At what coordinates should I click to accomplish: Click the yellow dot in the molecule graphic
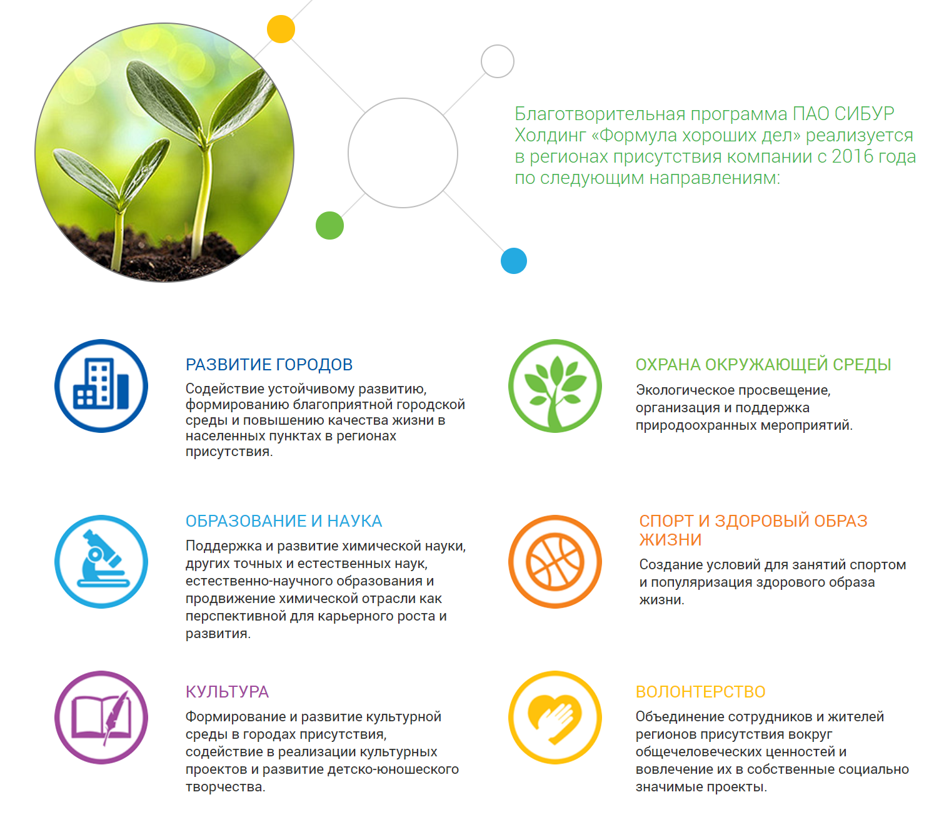point(281,29)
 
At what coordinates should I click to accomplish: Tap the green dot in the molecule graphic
point(329,225)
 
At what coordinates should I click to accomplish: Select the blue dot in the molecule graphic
point(513,261)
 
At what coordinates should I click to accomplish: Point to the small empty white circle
point(498,45)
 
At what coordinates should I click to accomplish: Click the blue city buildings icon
point(101,385)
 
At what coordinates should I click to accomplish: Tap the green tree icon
point(555,385)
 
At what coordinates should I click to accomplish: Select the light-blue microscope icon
point(101,561)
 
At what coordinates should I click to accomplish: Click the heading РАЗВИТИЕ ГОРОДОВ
point(269,365)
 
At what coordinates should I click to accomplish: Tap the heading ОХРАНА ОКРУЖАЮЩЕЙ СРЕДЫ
point(763,365)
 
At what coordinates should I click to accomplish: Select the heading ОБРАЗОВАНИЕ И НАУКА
point(284,521)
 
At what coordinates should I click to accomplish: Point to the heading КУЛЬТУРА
point(227,692)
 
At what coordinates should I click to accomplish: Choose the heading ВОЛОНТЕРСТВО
point(700,692)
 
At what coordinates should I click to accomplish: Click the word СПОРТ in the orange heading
point(666,521)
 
